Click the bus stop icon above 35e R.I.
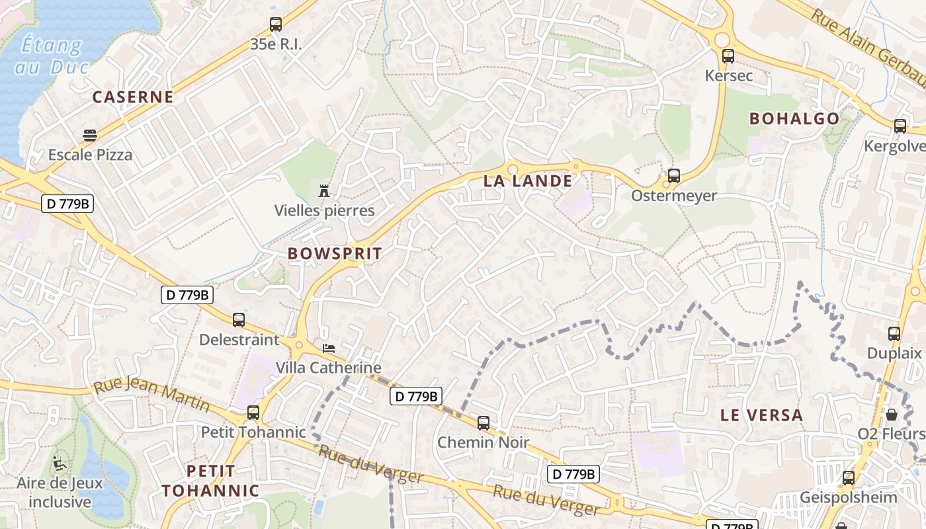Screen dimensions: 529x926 (276, 24)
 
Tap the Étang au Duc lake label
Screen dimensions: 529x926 (52, 56)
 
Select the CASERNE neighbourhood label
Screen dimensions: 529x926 (133, 97)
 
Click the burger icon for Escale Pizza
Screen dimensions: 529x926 (90, 136)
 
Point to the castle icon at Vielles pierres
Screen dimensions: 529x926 (324, 191)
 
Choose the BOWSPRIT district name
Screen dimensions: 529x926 (335, 253)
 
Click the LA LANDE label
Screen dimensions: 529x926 (528, 181)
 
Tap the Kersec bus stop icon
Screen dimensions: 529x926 (728, 56)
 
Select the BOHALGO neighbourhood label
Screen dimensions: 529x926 (794, 119)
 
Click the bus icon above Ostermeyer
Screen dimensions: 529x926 (674, 176)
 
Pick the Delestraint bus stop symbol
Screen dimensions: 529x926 (239, 320)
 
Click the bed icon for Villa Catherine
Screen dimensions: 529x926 (329, 348)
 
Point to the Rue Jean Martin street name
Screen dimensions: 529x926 (151, 395)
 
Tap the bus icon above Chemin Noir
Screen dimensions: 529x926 (484, 423)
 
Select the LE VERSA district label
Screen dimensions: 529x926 (762, 415)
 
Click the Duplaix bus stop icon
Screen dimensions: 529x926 (894, 334)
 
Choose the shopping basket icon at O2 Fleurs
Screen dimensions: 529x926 (892, 415)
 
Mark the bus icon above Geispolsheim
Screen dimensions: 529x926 (849, 477)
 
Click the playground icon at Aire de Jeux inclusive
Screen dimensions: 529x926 (60, 463)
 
